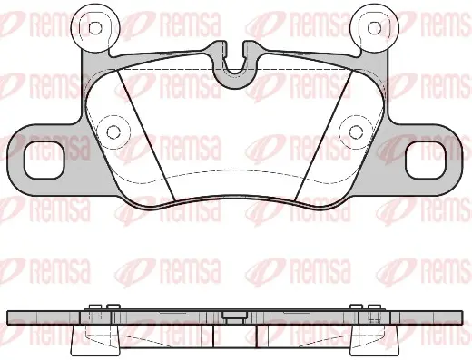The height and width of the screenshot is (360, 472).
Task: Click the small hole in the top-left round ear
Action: click(95, 28)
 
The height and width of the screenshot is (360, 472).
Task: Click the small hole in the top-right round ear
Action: click(374, 28)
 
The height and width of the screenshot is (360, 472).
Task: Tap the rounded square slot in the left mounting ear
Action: click(44, 161)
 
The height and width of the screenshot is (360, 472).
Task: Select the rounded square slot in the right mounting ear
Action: click(426, 161)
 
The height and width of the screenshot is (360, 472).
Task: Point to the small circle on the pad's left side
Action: click(113, 131)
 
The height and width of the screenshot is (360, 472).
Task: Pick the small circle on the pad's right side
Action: click(356, 131)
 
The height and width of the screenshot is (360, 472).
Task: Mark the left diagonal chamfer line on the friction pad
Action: click(145, 135)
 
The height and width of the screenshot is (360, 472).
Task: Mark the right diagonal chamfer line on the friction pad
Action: click(323, 135)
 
